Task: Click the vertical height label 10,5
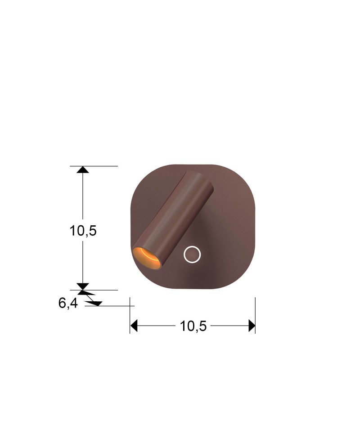pos(83,230)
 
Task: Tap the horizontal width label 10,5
pos(193,326)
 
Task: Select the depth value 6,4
pos(68,303)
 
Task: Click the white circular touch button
pos(192,254)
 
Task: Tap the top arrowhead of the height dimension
pos(83,170)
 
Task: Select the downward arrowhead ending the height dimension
pos(83,286)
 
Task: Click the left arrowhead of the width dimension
pos(134,326)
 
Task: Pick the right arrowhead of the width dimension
pos(252,326)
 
